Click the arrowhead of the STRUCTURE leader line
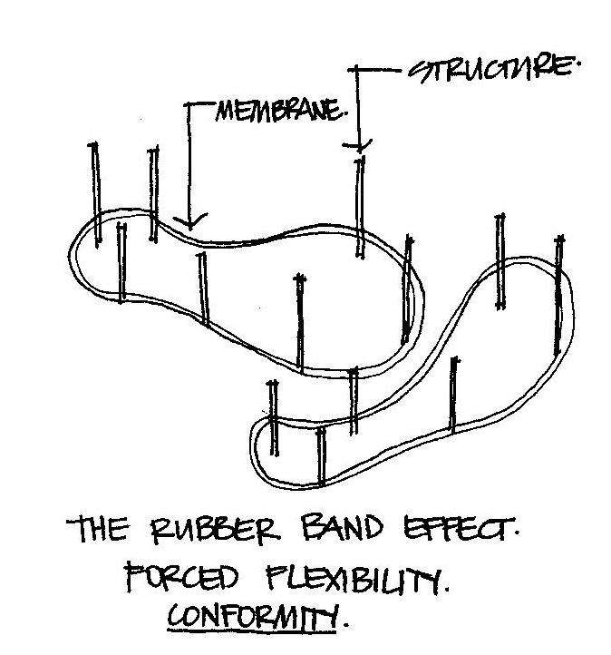(x=361, y=145)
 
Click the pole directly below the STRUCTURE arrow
(x=361, y=209)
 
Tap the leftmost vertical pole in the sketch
(x=94, y=191)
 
